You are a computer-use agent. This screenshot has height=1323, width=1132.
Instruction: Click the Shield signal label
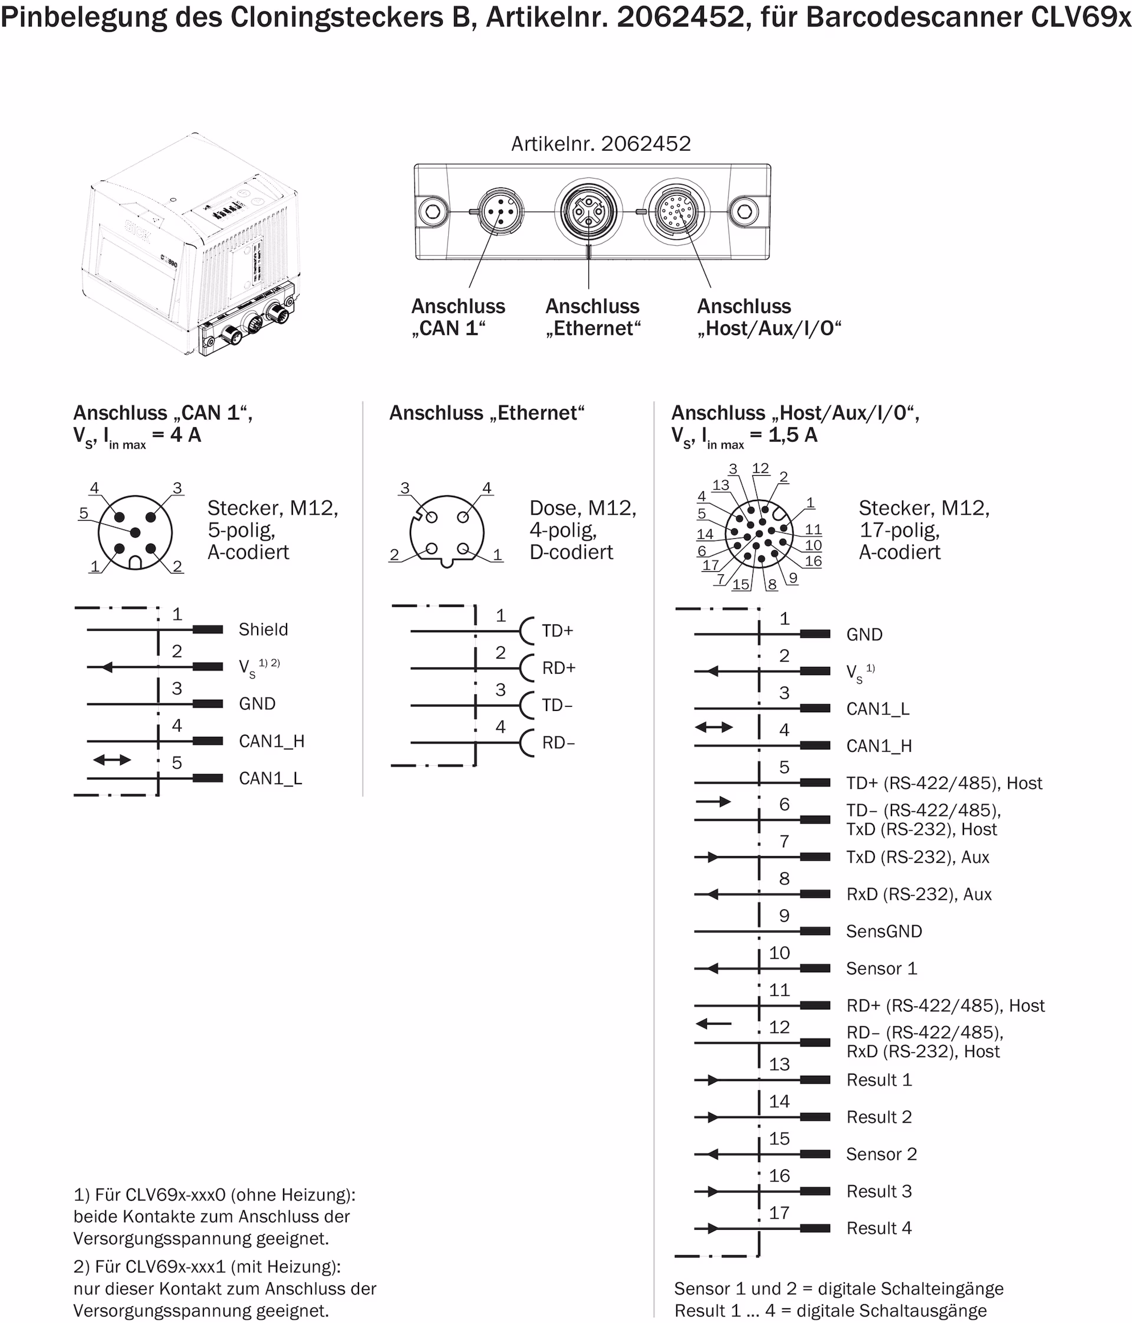click(263, 630)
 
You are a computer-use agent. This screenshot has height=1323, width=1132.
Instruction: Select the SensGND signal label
click(884, 931)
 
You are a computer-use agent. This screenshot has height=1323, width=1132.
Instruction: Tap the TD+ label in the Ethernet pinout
click(557, 631)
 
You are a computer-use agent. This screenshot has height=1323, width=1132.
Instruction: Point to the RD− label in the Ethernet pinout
click(558, 743)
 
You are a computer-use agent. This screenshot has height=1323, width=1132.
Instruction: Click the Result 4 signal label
click(878, 1228)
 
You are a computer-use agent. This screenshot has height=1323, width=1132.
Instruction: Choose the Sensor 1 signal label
click(881, 968)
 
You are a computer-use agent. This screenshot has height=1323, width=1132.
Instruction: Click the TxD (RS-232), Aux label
click(917, 857)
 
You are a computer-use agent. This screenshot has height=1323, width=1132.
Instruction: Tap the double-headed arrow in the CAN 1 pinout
click(112, 760)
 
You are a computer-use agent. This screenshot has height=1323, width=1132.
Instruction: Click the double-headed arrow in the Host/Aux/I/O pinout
click(714, 728)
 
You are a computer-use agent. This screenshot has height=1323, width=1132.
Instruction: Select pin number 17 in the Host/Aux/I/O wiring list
click(779, 1213)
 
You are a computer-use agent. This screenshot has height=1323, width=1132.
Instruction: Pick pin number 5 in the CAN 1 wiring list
click(177, 762)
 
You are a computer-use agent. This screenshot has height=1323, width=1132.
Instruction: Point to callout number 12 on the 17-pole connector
click(761, 468)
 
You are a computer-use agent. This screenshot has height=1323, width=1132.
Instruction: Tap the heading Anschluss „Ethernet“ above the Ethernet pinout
click(486, 413)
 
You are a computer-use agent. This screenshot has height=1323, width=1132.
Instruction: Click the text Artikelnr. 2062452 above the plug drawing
click(601, 144)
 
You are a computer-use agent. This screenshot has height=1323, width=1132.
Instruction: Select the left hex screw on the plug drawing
click(432, 211)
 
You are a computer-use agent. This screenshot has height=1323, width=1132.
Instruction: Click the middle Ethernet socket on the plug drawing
click(588, 211)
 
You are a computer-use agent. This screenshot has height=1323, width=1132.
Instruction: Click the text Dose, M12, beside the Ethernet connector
click(583, 508)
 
